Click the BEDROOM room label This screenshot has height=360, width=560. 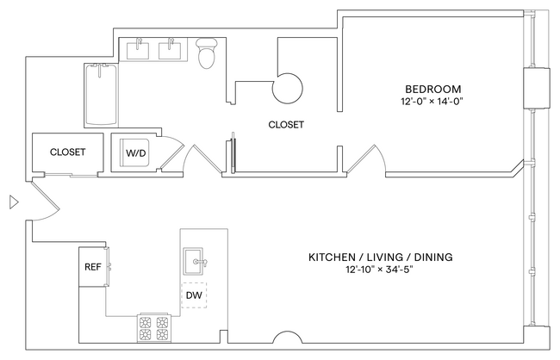(x=433, y=89)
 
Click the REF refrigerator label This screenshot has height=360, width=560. (x=92, y=267)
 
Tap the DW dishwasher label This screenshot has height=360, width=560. (x=194, y=295)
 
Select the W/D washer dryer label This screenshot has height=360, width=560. (x=136, y=153)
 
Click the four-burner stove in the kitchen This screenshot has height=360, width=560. (x=153, y=328)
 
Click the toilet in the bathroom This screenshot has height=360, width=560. (x=207, y=54)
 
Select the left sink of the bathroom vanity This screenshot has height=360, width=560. (x=141, y=49)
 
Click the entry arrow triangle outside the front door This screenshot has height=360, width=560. (x=12, y=203)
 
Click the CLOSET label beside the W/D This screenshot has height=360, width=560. (x=67, y=152)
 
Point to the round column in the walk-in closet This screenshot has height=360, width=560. (x=288, y=87)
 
